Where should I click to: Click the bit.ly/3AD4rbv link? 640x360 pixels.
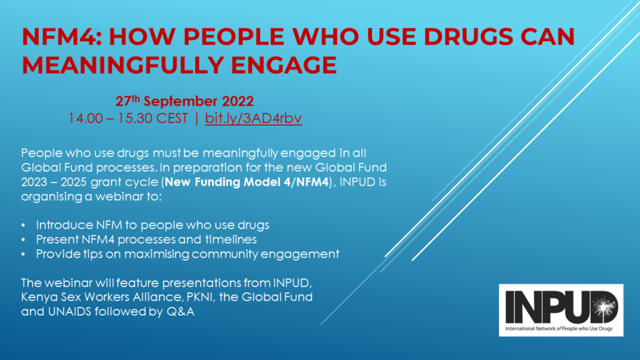254,118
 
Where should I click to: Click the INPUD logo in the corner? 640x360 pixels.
561,310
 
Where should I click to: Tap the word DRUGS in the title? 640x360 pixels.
468,36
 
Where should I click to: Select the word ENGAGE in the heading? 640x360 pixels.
284,65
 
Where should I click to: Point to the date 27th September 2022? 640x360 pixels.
184,101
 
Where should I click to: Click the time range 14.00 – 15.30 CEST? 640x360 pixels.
127,118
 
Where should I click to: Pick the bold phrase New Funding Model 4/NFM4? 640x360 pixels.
247,182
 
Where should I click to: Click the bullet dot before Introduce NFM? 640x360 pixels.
23,225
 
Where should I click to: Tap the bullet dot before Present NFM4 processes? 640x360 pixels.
23,239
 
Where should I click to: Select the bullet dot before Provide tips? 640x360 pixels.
23,254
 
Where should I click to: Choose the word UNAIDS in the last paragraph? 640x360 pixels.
69,311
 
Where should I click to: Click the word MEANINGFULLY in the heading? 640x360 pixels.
122,65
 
